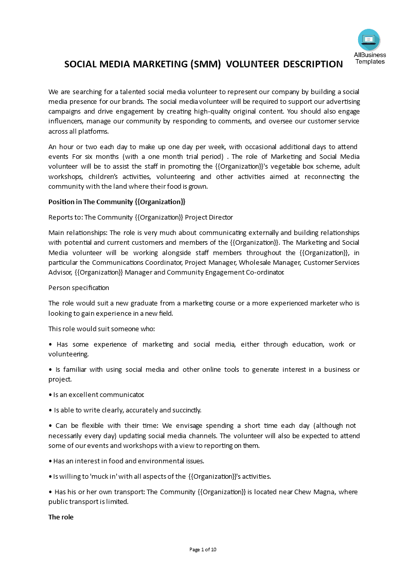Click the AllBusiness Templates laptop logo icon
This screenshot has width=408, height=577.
click(x=369, y=40)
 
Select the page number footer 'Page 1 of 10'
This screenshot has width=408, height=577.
click(x=203, y=549)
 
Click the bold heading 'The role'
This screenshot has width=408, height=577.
click(x=61, y=517)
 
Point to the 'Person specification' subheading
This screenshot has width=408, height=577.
click(x=79, y=287)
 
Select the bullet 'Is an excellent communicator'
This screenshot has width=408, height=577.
click(x=96, y=394)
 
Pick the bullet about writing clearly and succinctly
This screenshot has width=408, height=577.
click(x=125, y=410)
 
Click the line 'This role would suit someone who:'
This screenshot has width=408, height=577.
click(x=101, y=329)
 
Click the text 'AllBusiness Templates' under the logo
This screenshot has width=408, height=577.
click(x=369, y=58)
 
